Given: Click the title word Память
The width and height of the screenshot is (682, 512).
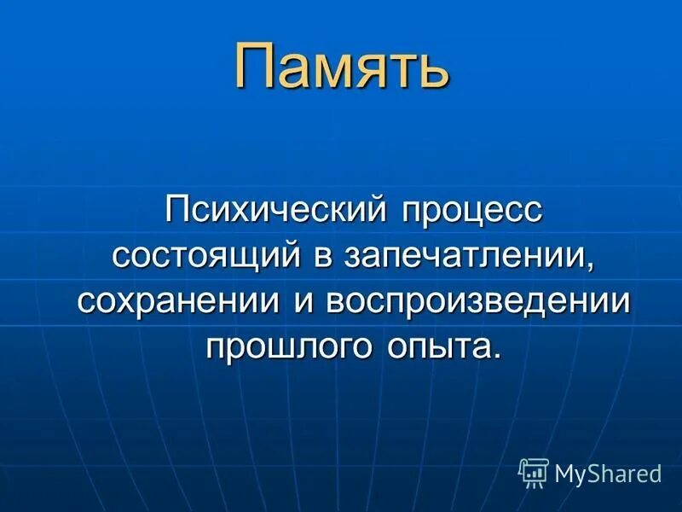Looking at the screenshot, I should click(x=341, y=68).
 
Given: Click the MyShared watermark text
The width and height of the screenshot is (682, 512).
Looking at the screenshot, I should click(x=608, y=473).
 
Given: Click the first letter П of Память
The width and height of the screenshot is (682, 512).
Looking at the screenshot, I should click(x=256, y=68).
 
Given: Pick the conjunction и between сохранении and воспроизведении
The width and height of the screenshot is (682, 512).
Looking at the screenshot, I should click(x=304, y=303).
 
